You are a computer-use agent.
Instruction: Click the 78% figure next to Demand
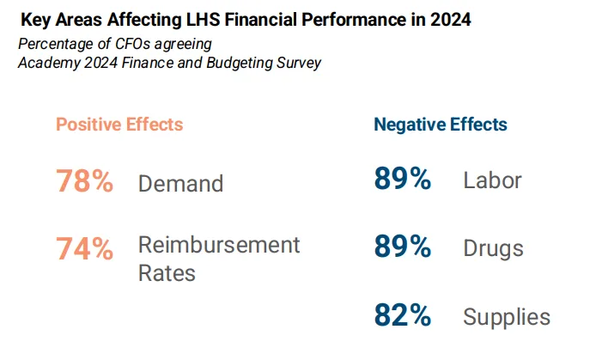[84, 182]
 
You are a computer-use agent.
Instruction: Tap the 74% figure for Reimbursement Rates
[84, 248]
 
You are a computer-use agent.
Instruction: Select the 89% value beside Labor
[402, 180]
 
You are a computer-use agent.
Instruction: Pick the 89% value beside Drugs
[402, 247]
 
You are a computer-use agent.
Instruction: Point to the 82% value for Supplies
[402, 315]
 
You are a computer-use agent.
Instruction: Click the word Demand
[180, 184]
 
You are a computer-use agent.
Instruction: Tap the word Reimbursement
[219, 245]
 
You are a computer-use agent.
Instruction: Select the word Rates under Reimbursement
[167, 273]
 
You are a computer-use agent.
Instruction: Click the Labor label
[492, 181]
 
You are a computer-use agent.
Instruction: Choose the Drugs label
[493, 249]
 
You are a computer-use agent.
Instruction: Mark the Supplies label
[507, 317]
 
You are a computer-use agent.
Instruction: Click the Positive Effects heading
[119, 125]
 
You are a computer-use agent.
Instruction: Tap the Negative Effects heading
[441, 125]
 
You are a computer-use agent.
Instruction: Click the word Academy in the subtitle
[47, 63]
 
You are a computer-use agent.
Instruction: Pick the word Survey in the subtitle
[297, 63]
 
